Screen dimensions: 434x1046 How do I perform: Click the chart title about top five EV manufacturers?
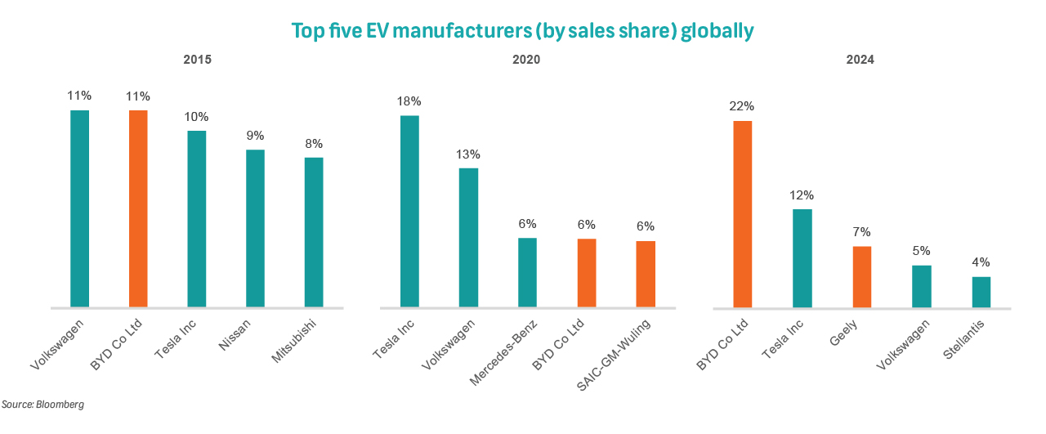tap(522, 31)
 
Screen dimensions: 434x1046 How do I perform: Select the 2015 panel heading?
tap(197, 60)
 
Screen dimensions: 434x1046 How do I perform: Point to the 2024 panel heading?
tap(860, 60)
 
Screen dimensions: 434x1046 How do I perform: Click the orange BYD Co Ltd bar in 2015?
tap(138, 208)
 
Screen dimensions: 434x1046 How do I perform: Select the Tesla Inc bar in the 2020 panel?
tap(409, 212)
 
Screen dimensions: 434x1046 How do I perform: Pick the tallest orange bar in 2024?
tap(743, 214)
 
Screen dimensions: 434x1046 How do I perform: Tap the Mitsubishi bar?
tap(314, 233)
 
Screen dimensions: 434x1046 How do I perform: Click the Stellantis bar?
tap(981, 292)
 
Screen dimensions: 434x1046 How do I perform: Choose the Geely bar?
tap(862, 277)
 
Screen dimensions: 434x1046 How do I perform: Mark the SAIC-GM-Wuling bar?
tap(646, 275)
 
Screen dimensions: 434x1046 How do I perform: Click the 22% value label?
tap(743, 106)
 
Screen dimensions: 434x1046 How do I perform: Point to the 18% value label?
tap(409, 101)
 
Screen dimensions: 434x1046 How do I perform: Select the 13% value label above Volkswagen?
tap(468, 154)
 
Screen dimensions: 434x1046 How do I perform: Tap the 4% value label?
tap(981, 262)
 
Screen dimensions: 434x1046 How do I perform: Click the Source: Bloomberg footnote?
tap(42, 405)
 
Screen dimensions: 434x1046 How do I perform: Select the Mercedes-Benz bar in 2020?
tap(527, 273)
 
